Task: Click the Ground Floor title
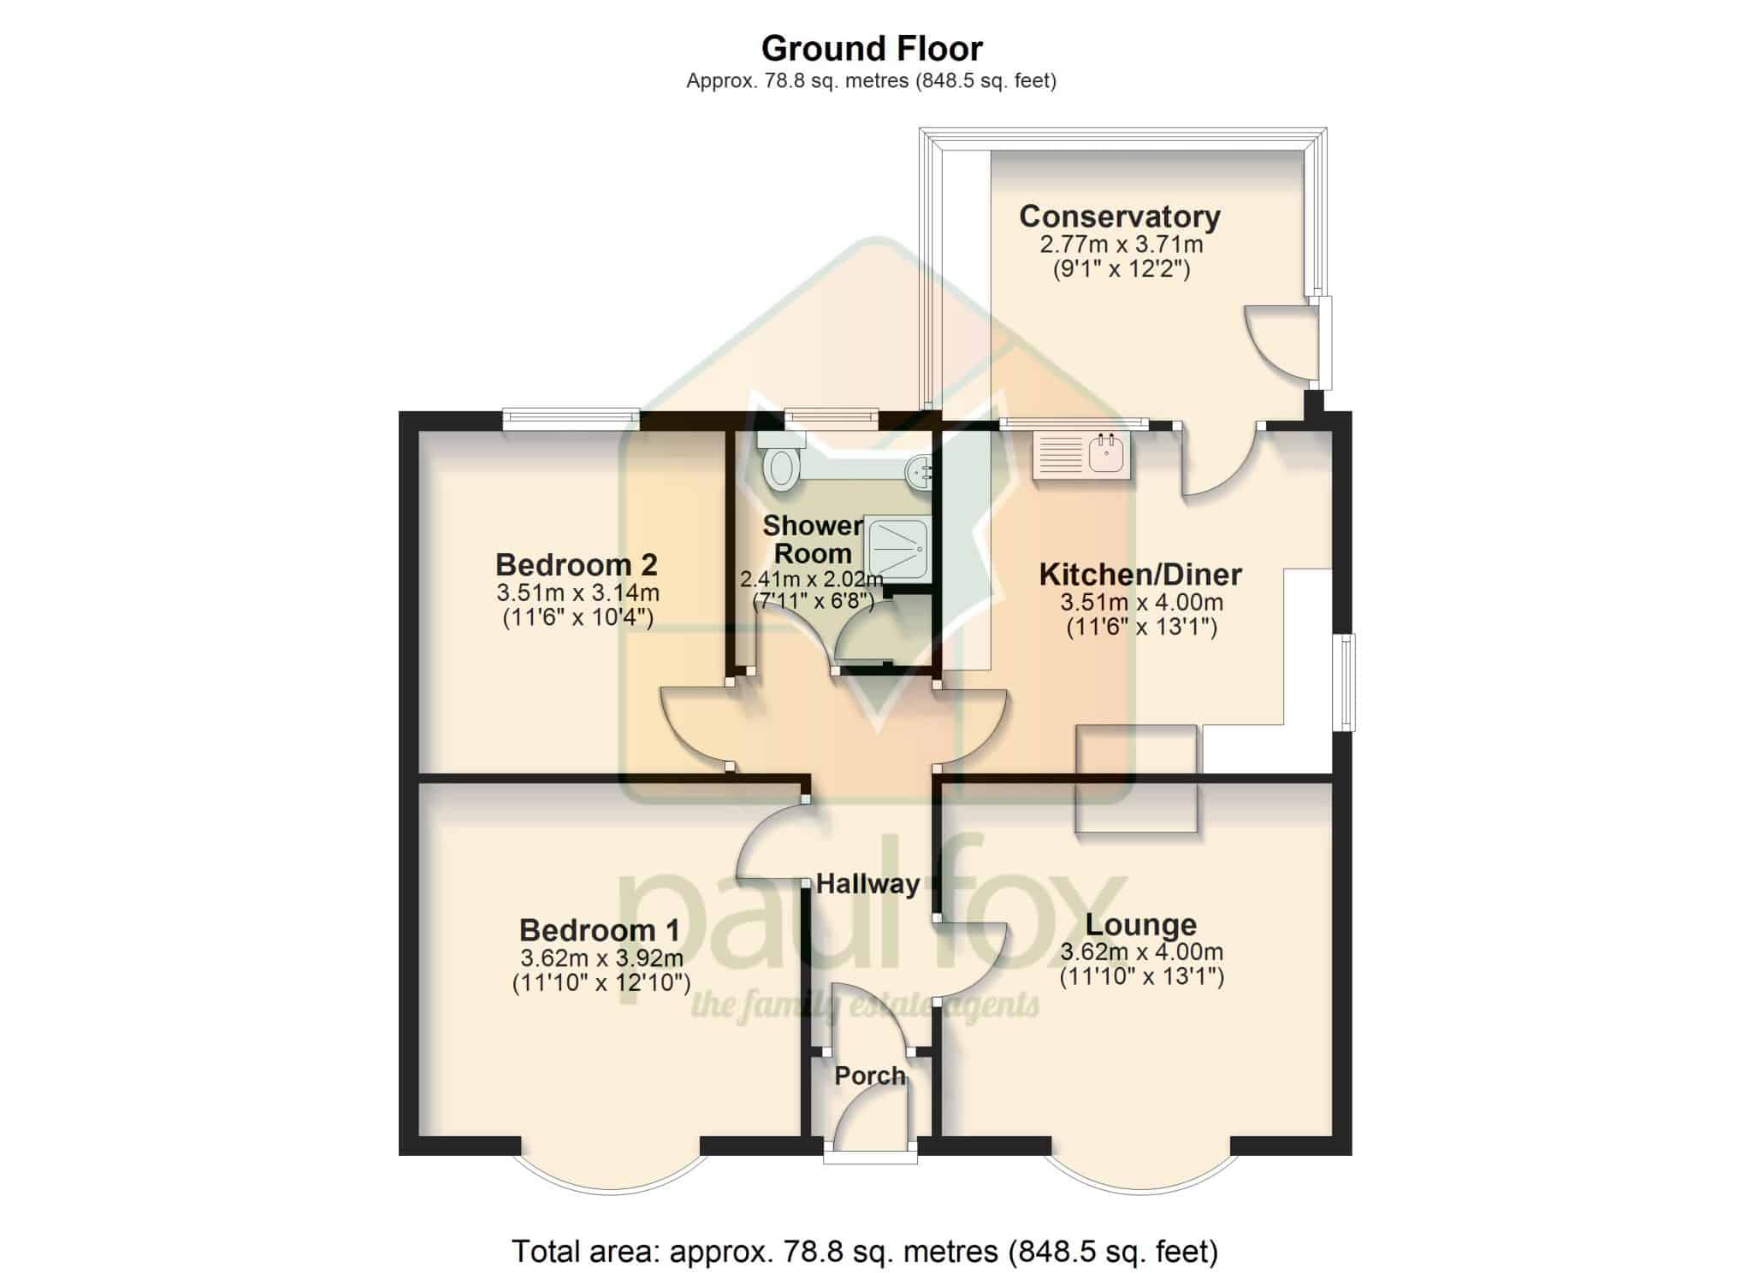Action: [872, 49]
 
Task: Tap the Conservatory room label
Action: [1120, 216]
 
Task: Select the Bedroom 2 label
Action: [577, 564]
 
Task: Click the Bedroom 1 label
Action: [600, 929]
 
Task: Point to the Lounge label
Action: [1141, 925]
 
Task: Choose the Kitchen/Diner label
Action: [1140, 575]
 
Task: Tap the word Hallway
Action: [867, 884]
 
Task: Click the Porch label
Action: [870, 1076]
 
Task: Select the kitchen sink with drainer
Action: [1082, 455]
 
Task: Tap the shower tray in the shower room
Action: [897, 548]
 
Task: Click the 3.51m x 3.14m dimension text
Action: [577, 592]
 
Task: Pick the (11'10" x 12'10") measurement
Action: [601, 983]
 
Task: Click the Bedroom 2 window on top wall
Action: [571, 419]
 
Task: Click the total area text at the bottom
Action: [865, 1252]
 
